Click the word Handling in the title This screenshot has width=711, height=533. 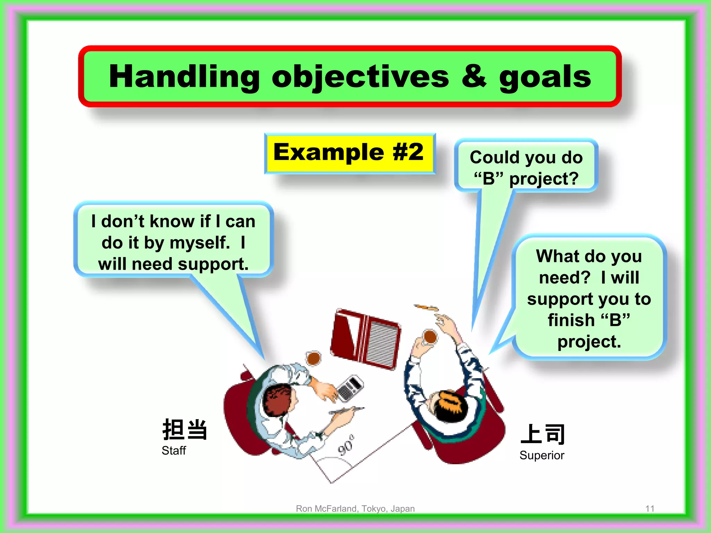click(x=184, y=77)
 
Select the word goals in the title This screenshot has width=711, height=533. click(x=545, y=77)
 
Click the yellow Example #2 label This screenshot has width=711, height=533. click(x=349, y=153)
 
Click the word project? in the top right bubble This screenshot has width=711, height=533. click(x=544, y=179)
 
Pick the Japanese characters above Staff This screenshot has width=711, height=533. click(x=185, y=430)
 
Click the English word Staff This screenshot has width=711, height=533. click(x=174, y=451)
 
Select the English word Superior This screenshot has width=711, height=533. click(x=542, y=455)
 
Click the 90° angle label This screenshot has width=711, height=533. click(x=346, y=445)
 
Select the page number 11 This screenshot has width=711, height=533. click(x=650, y=509)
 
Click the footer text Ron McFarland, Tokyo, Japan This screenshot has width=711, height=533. click(x=355, y=509)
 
